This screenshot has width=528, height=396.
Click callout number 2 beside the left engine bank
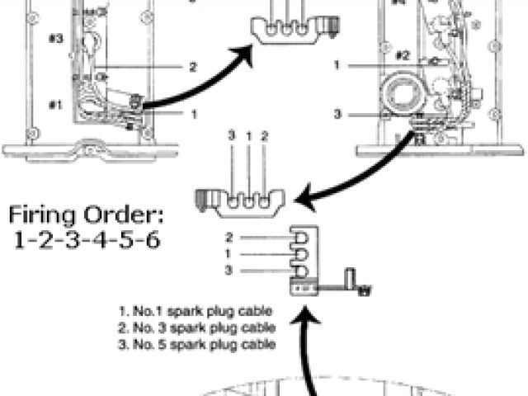[192, 67]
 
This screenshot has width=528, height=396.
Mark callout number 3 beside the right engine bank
[337, 113]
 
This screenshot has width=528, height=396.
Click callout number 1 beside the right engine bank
[337, 64]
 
